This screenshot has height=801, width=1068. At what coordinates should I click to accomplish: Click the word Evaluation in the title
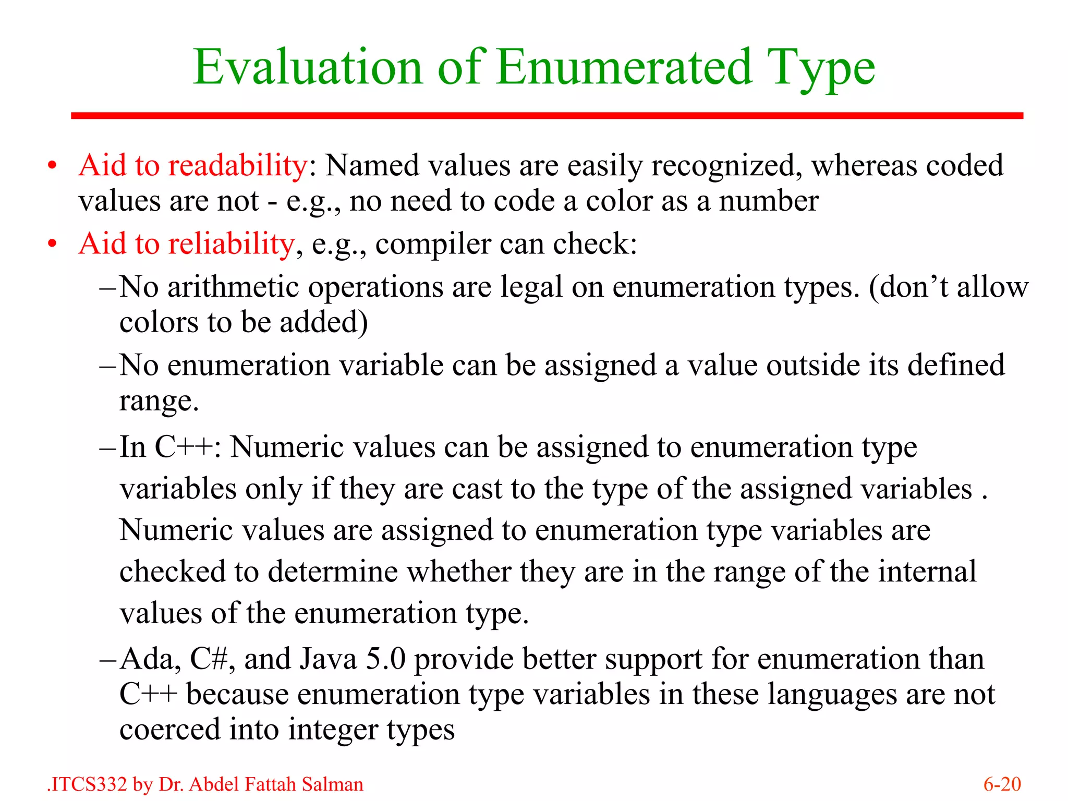tap(308, 68)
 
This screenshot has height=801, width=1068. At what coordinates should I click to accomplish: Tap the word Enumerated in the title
tap(624, 68)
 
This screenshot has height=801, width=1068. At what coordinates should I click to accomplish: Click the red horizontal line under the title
tap(547, 116)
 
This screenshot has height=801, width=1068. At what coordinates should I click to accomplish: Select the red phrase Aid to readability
tap(193, 166)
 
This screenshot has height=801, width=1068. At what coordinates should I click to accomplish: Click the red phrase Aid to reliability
tap(187, 244)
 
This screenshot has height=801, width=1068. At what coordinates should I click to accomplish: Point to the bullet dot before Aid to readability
tap(52, 166)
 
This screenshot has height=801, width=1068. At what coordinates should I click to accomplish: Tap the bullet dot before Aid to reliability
tap(52, 244)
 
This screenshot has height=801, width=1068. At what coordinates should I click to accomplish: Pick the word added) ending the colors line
tap(324, 322)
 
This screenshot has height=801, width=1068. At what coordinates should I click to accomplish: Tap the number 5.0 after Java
tap(385, 659)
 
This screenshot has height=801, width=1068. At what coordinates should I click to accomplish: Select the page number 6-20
tap(1002, 784)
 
